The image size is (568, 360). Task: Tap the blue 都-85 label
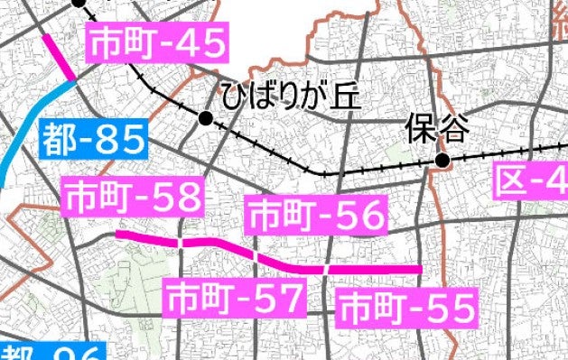coord(94,140)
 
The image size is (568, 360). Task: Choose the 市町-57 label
coord(234,297)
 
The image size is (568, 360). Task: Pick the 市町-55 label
coord(405,309)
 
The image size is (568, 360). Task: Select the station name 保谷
coord(438,129)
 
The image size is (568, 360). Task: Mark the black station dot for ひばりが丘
coord(206,118)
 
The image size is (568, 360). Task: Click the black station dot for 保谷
coord(442,161)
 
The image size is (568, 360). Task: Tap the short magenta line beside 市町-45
coord(60,57)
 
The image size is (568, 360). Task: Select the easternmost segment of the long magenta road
coord(375,270)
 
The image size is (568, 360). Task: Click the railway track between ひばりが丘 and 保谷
coord(325,171)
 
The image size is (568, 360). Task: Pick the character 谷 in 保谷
coord(454,129)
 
